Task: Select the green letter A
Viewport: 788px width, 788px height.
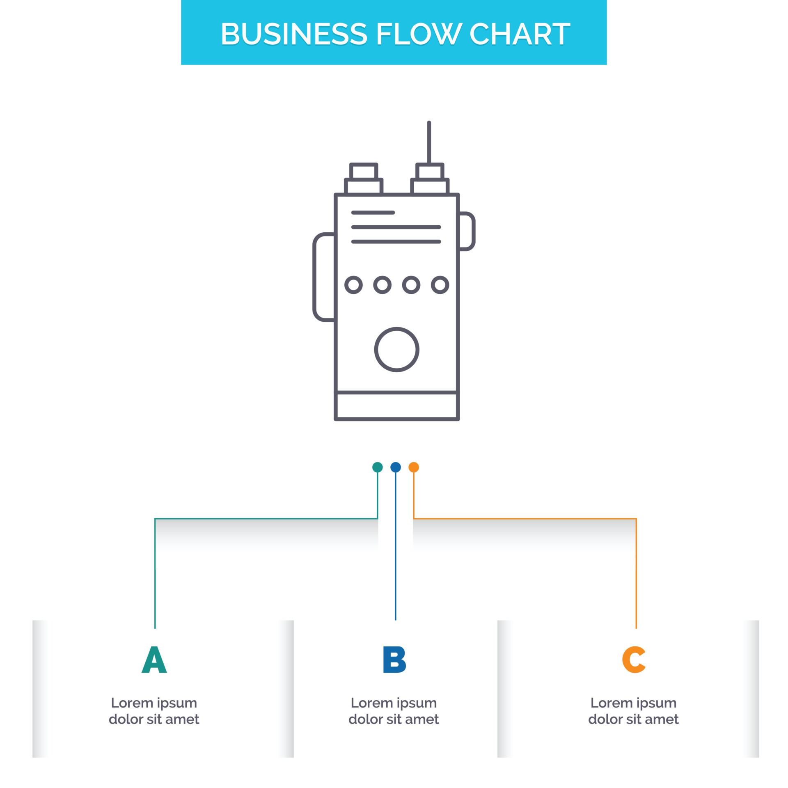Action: pyautogui.click(x=154, y=660)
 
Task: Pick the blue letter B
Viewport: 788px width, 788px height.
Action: pyautogui.click(x=394, y=660)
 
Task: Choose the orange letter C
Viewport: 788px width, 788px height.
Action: pyautogui.click(x=634, y=660)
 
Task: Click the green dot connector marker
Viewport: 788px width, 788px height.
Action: pyautogui.click(x=377, y=467)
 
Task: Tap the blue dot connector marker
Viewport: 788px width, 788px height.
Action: pyautogui.click(x=395, y=467)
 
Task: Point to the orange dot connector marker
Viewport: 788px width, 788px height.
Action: pyautogui.click(x=414, y=467)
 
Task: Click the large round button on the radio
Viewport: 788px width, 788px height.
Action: pyautogui.click(x=396, y=350)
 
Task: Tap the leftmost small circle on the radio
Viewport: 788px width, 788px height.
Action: pyautogui.click(x=353, y=285)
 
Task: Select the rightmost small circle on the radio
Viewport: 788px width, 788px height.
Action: pyautogui.click(x=440, y=285)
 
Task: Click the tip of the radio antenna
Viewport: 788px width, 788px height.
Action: pyautogui.click(x=429, y=123)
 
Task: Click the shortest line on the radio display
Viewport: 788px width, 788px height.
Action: pyautogui.click(x=373, y=213)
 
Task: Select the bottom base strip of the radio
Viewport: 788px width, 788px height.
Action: pyautogui.click(x=396, y=406)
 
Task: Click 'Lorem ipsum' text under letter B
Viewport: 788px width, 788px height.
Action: pyautogui.click(x=393, y=703)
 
